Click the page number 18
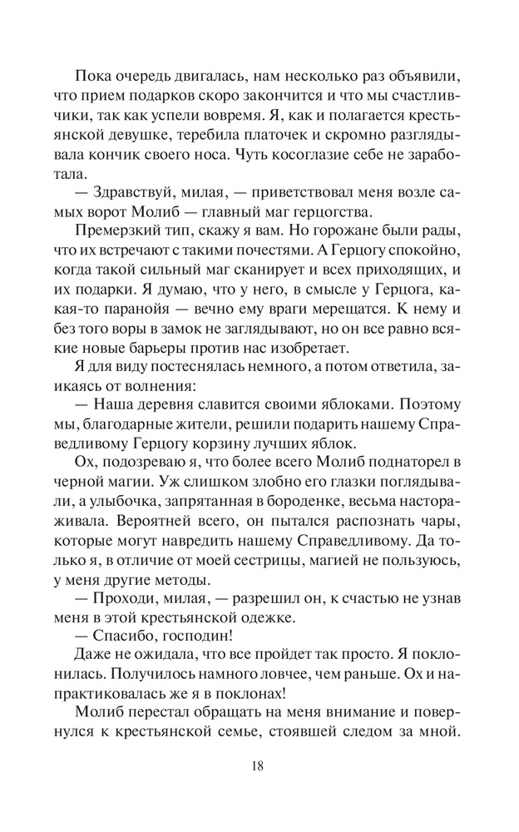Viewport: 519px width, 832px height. tap(259, 766)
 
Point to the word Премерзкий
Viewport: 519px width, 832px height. tap(111, 235)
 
